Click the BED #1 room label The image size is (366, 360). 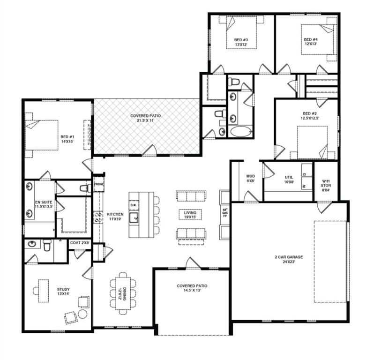65,139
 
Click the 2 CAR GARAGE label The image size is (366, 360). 288,259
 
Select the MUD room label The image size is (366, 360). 250,179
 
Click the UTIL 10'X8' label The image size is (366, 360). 289,180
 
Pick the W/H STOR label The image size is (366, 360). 326,183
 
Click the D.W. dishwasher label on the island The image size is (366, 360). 133,205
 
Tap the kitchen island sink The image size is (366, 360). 134,217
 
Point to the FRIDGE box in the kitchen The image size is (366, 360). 99,184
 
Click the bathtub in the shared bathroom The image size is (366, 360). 240,131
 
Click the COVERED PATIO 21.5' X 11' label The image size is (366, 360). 146,118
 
